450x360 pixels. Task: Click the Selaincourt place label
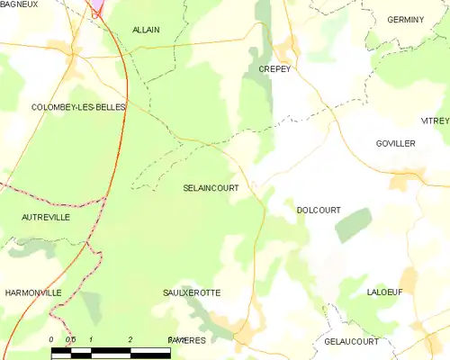pyautogui.click(x=210, y=188)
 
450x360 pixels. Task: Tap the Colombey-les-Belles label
pyautogui.click(x=78, y=107)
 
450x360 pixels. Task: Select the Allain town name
pyautogui.click(x=146, y=30)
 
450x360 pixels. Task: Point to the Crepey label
pyautogui.click(x=274, y=68)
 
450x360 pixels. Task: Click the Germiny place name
pyautogui.click(x=405, y=19)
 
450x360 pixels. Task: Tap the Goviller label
pyautogui.click(x=396, y=143)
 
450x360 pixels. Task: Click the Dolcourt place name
pyautogui.click(x=319, y=210)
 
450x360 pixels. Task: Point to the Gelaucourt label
pyautogui.click(x=352, y=342)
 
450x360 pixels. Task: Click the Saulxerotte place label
pyautogui.click(x=192, y=292)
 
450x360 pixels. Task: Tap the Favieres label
pyautogui.click(x=187, y=340)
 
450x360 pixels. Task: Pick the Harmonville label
pyautogui.click(x=32, y=292)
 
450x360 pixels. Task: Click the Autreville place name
pyautogui.click(x=46, y=217)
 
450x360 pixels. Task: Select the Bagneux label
pyautogui.click(x=18, y=4)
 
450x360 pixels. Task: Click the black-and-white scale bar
pyautogui.click(x=111, y=353)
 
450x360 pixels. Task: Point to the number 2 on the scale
pyautogui.click(x=131, y=339)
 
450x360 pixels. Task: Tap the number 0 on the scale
pyautogui.click(x=51, y=339)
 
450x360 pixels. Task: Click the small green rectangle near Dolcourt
pyautogui.click(x=353, y=224)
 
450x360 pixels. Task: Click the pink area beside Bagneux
pyautogui.click(x=95, y=7)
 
